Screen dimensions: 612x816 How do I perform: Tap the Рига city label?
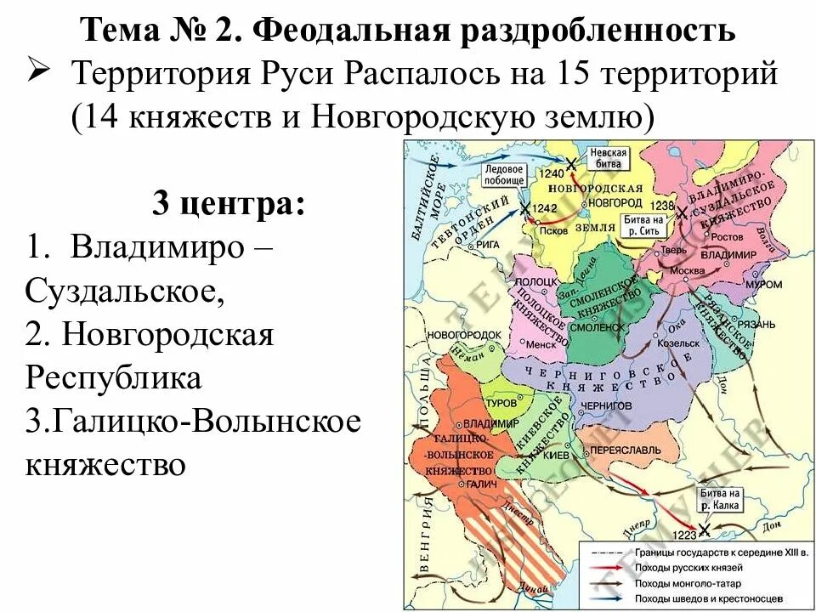487,244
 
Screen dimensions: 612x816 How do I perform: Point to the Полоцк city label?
535,280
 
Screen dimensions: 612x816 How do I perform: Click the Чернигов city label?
609,406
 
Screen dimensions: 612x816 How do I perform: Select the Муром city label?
740,286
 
